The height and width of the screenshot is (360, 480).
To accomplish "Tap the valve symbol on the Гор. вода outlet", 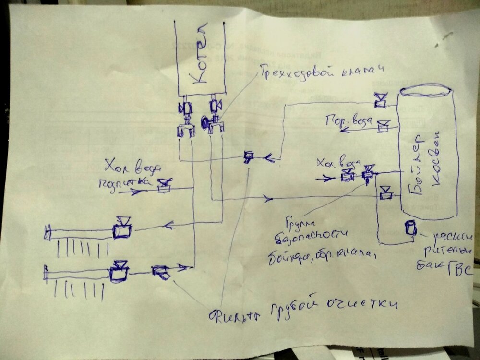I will coord(383,126).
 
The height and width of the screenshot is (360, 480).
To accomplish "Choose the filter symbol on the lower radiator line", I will coord(160,272).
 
